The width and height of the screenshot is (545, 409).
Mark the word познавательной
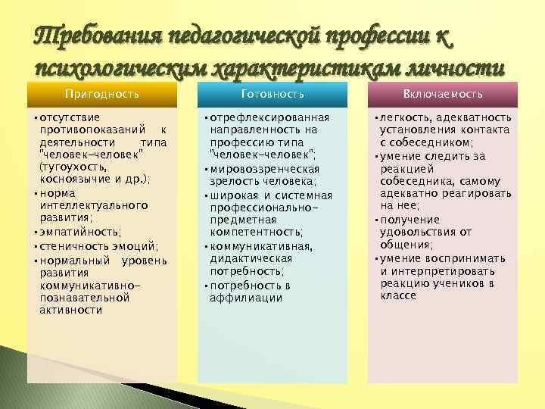[84, 298]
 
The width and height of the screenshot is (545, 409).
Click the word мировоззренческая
[264, 169]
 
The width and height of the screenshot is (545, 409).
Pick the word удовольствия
[421, 232]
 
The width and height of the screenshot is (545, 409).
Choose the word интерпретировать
[438, 270]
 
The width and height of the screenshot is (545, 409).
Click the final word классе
[398, 295]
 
